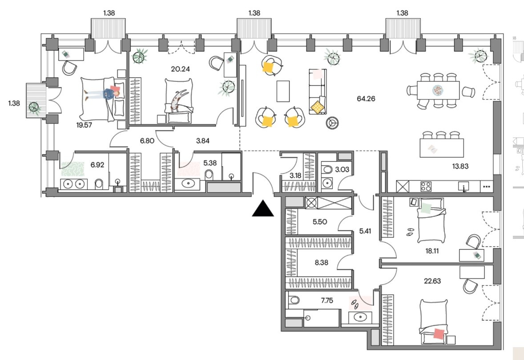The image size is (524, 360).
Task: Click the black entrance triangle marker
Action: pyautogui.click(x=263, y=209)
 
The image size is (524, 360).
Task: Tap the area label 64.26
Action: pyautogui.click(x=366, y=99)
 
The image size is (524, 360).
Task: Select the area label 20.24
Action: pyautogui.click(x=180, y=69)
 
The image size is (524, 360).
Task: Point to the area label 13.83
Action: pyautogui.click(x=460, y=166)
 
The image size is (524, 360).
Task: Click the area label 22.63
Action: pyautogui.click(x=432, y=281)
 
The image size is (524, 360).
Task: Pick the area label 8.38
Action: pyautogui.click(x=321, y=263)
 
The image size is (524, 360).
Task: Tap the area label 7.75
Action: pyautogui.click(x=327, y=300)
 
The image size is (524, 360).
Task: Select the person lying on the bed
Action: pyautogui.click(x=102, y=93)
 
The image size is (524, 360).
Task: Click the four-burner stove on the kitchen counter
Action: pyautogui.click(x=426, y=186)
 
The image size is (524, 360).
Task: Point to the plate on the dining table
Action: pyautogui.click(x=438, y=90)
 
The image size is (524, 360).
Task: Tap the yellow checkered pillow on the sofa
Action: pyautogui.click(x=318, y=107)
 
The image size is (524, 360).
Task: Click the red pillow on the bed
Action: pyautogui.click(x=439, y=334)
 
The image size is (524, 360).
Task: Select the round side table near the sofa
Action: pyautogui.click(x=332, y=123)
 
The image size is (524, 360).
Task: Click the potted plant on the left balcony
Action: pyautogui.click(x=34, y=108)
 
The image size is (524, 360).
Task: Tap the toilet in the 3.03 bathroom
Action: pyautogui.click(x=326, y=169)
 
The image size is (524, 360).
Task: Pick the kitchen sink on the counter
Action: pyautogui.click(x=464, y=186)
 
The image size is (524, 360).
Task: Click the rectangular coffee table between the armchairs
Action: pyautogui.click(x=283, y=91)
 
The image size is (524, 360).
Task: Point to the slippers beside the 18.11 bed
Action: pyautogui.click(x=410, y=232)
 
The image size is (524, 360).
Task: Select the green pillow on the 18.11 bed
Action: pyautogui.click(x=427, y=208)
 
